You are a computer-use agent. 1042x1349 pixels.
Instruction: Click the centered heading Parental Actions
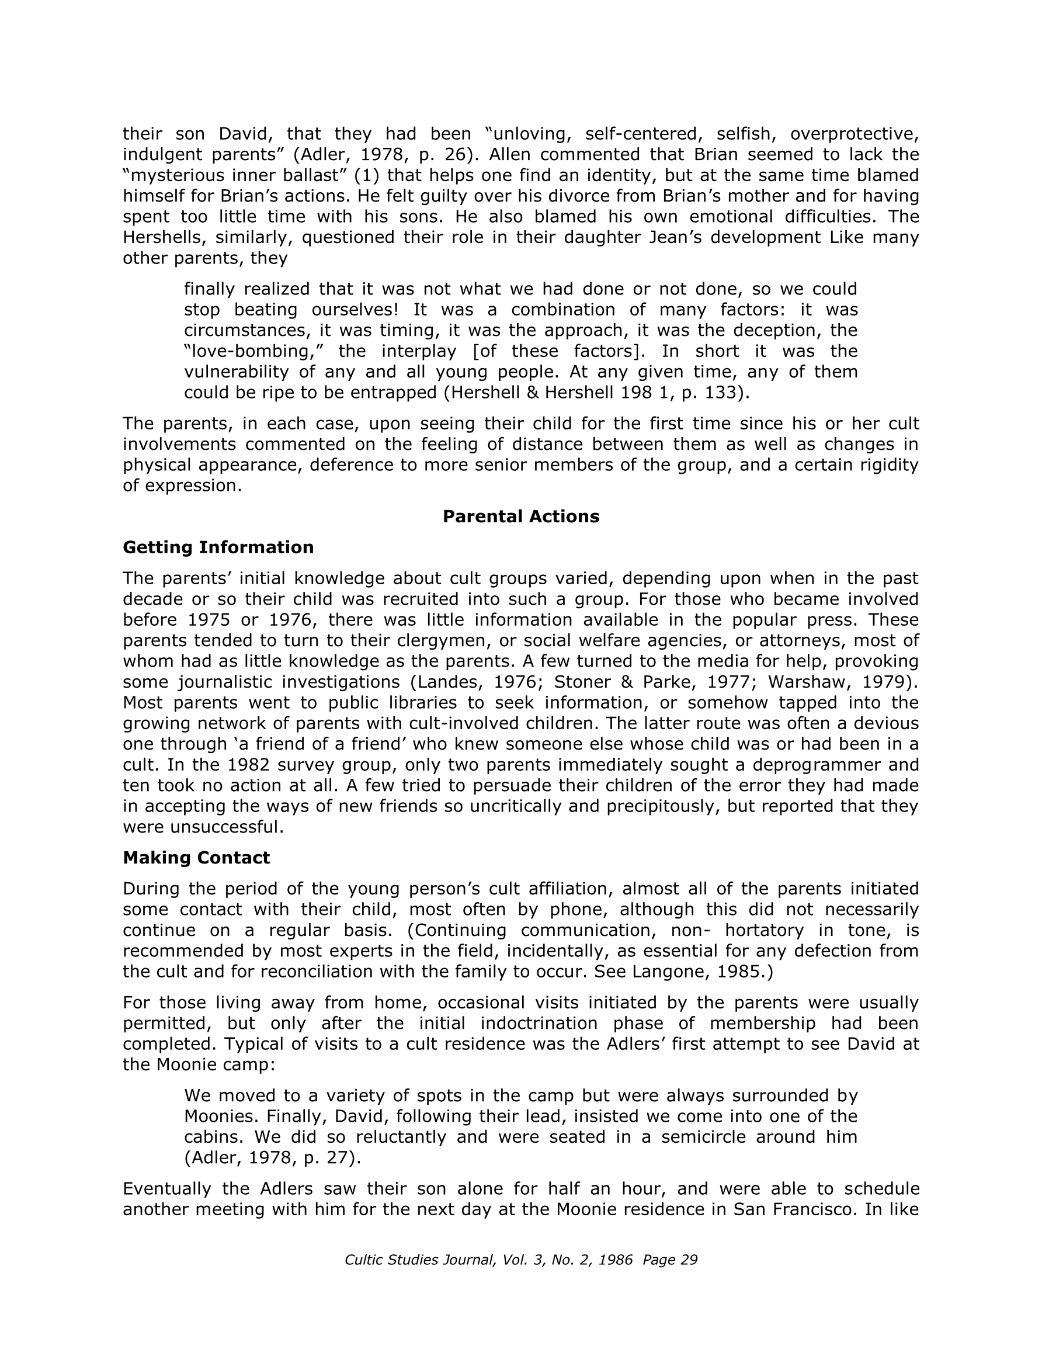[x=520, y=516]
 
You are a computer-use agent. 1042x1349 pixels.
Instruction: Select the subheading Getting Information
[x=218, y=547]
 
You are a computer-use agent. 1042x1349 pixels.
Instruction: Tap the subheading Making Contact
[x=196, y=857]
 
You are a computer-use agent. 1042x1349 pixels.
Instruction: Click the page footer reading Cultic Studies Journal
[x=520, y=1260]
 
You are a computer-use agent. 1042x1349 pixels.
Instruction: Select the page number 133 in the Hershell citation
[x=723, y=392]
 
